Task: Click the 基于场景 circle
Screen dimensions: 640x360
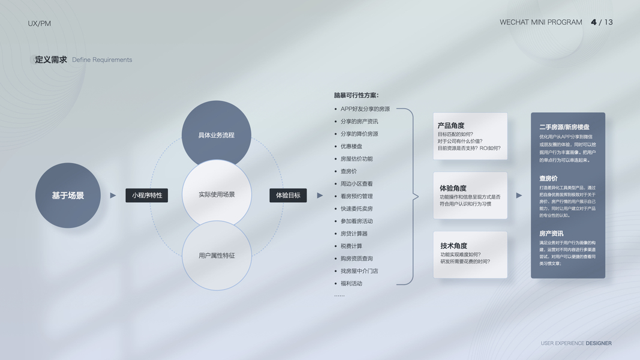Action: [68, 196]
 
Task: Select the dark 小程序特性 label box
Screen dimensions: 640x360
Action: [147, 195]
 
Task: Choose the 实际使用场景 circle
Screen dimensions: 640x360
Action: [217, 194]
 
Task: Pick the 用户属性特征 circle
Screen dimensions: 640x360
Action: [217, 256]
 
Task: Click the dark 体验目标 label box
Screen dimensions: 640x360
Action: [288, 195]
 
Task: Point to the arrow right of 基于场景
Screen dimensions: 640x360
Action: [113, 196]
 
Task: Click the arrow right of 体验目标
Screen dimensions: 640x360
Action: [320, 196]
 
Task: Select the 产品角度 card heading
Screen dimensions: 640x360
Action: [451, 125]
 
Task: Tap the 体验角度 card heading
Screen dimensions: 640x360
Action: [453, 188]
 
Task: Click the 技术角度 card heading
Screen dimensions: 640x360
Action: [453, 245]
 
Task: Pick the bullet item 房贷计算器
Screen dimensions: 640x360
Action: [354, 233]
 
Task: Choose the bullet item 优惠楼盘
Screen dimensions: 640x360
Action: [351, 146]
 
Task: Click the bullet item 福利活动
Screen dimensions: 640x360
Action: [351, 283]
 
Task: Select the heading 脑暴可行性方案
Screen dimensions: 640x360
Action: [356, 95]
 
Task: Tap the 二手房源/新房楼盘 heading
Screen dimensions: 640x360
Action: [564, 127]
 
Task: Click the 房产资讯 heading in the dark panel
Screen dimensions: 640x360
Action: [551, 233]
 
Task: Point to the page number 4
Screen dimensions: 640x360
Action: [594, 22]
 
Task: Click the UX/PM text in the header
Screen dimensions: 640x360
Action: [40, 23]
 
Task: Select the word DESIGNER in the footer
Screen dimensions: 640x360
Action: [599, 343]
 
